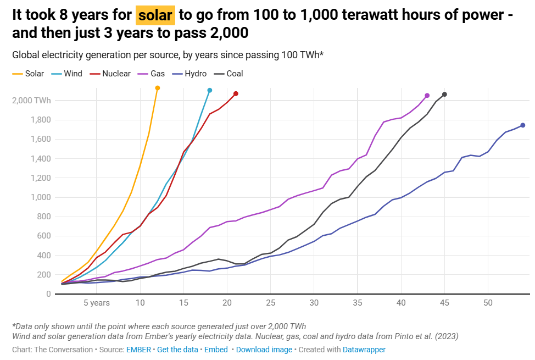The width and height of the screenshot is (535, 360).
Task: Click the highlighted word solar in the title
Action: coord(155,16)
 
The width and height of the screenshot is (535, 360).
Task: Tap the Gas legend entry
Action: coord(157,74)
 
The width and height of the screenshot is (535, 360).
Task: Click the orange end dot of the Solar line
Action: coord(158,88)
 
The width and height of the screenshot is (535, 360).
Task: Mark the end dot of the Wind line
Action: coord(210,90)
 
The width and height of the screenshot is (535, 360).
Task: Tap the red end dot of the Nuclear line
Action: coord(236,94)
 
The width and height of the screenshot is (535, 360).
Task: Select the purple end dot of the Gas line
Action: coord(427,96)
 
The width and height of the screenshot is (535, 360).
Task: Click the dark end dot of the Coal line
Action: coord(444,95)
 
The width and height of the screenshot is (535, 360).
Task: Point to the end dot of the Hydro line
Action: coord(523,125)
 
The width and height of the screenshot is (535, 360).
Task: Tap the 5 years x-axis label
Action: coord(97,303)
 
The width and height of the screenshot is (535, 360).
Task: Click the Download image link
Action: coord(264,350)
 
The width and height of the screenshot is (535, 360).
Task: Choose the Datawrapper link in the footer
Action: coord(364,350)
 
